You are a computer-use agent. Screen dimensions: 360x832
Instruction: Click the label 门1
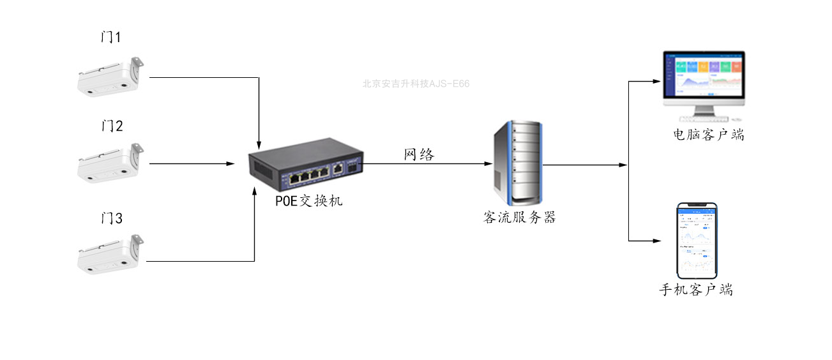111,38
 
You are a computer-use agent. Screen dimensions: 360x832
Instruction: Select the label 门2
111,126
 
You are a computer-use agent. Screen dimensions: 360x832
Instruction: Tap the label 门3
111,218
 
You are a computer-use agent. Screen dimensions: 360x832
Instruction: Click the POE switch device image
306,167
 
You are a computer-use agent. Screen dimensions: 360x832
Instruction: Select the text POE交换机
309,201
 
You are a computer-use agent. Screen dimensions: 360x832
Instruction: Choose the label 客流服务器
520,217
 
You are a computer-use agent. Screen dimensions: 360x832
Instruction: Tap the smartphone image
697,239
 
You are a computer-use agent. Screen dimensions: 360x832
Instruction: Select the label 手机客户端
696,290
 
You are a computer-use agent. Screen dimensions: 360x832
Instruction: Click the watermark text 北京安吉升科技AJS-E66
416,84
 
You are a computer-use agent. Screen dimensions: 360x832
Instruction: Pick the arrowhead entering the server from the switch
488,164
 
